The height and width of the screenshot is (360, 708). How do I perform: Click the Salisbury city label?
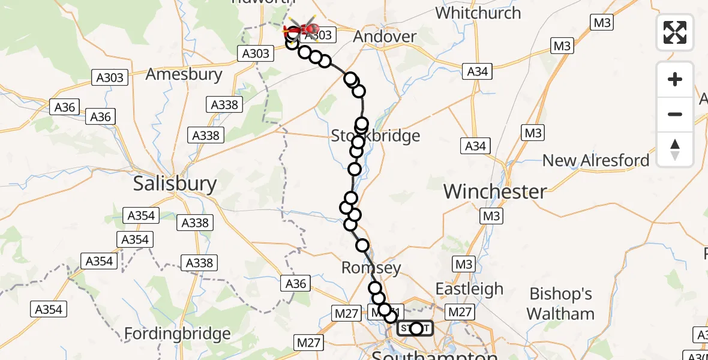coord(175,184)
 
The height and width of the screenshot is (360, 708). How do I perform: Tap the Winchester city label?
coord(496,192)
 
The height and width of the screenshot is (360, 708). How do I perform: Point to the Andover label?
coord(385,37)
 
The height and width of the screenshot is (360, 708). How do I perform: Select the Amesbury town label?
coord(184,75)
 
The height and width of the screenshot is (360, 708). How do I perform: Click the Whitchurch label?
coord(478,13)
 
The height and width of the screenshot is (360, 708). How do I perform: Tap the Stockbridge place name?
coord(376,136)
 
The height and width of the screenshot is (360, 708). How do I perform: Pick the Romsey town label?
coord(371,268)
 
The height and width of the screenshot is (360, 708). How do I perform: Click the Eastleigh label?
coord(469,289)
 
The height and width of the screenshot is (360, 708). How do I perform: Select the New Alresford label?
coord(596,161)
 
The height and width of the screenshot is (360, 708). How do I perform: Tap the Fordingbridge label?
coord(177,334)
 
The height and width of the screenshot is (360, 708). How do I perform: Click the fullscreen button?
coord(675,32)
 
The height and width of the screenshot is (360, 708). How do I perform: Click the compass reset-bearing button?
coord(675,149)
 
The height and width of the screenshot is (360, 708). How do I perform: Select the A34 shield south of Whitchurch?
coord(478,71)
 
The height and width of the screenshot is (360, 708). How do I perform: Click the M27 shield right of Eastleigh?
coord(460,312)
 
